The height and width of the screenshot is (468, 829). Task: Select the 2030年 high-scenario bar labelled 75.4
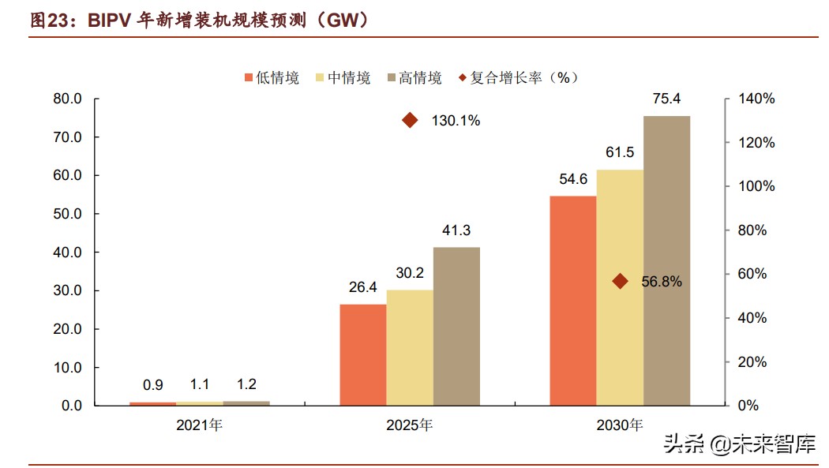coord(666,260)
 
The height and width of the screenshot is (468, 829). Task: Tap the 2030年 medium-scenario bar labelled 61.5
coord(620,287)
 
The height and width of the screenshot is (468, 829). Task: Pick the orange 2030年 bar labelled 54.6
coord(572,301)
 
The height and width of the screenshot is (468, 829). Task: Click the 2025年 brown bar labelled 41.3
coord(456,326)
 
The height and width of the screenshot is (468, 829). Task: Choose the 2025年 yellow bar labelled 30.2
coord(410,347)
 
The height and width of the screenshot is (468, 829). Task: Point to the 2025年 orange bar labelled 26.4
coord(363,354)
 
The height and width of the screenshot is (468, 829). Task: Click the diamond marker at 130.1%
coord(410,120)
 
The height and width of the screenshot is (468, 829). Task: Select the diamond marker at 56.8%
coord(620,281)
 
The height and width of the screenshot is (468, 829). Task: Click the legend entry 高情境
coord(414,77)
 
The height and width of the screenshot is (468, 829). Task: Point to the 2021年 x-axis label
coord(200,425)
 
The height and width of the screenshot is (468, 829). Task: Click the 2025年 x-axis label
coord(410,425)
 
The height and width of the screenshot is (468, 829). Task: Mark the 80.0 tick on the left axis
coord(67,99)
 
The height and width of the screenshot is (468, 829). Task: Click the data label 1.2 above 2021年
coord(246,385)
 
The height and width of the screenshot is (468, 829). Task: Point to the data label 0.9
coord(153,386)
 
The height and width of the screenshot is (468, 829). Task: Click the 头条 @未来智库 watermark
coord(739,444)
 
